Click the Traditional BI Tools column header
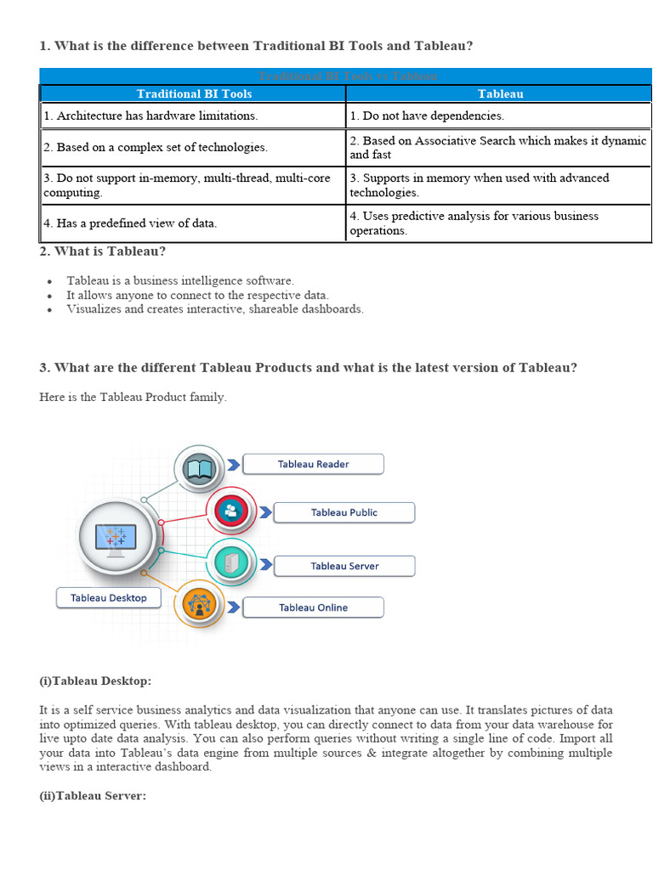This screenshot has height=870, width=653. [x=194, y=93]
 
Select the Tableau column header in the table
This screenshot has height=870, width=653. [x=500, y=93]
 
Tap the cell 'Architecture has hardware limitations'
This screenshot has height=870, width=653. [x=150, y=116]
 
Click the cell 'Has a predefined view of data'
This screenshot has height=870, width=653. [x=130, y=223]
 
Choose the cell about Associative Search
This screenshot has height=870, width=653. [x=497, y=147]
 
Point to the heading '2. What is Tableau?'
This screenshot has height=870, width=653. [x=102, y=251]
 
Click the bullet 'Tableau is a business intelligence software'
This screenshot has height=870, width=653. [x=180, y=280]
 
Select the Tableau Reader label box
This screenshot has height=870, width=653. [x=313, y=464]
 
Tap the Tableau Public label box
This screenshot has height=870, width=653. [x=344, y=512]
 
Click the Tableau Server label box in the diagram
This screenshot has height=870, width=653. [x=344, y=566]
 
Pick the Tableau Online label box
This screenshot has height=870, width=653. [x=313, y=607]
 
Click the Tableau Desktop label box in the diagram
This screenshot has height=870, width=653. [x=109, y=598]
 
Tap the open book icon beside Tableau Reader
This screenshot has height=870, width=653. [x=199, y=468]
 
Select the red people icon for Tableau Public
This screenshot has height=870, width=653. [x=231, y=511]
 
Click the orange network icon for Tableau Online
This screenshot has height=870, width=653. [x=200, y=605]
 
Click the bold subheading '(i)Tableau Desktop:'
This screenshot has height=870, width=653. [x=95, y=681]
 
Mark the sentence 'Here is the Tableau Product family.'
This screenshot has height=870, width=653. [x=133, y=398]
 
